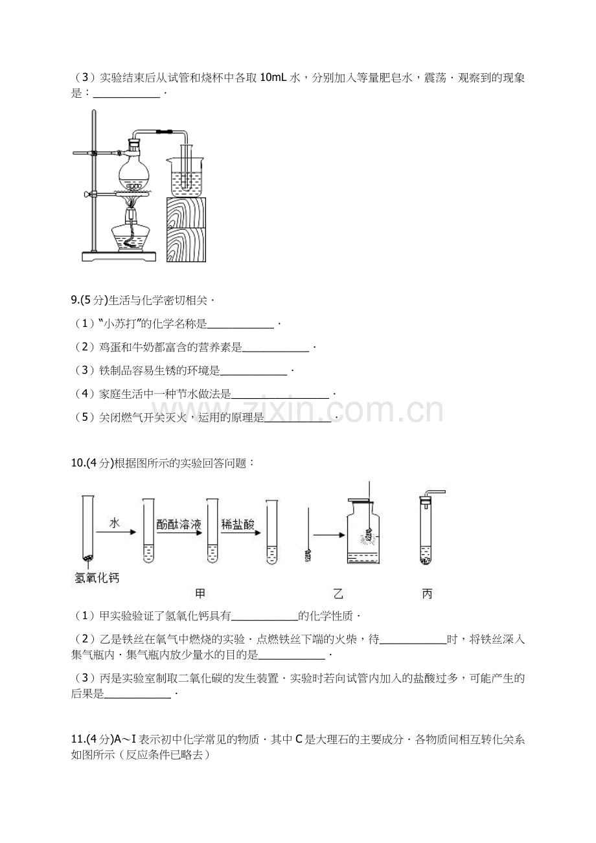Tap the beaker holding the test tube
(185, 177)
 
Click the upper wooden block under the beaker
(187, 212)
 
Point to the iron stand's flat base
(119, 256)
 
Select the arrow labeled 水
(116, 532)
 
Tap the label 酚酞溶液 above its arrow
(179, 524)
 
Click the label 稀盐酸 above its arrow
(238, 524)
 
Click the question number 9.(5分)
(89, 300)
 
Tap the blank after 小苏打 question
(240, 328)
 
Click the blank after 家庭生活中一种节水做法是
(280, 398)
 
